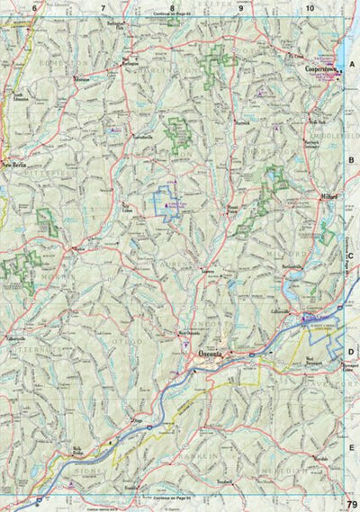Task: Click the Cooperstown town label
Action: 320,67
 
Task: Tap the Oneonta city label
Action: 208,354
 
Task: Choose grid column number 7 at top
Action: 103,8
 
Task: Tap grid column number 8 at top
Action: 172,8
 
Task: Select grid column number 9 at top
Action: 241,8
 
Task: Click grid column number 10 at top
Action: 310,8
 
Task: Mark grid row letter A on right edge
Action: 353,64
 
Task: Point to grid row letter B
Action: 353,159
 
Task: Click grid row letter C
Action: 353,256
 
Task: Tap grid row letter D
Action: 353,352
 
